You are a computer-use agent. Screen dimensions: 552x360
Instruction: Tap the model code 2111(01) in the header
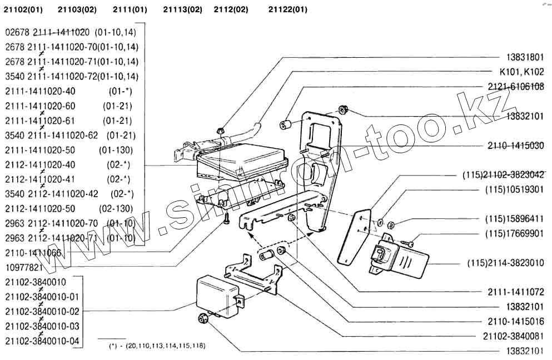click(x=130, y=9)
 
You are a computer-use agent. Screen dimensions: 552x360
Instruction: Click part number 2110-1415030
click(x=516, y=146)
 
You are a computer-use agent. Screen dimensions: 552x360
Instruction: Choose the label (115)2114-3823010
click(x=505, y=263)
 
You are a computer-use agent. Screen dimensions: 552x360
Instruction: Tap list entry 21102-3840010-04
click(x=42, y=341)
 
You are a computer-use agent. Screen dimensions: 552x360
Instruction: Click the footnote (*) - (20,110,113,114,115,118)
click(x=158, y=346)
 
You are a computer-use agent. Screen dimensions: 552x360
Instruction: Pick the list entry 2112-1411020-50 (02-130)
click(x=69, y=209)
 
